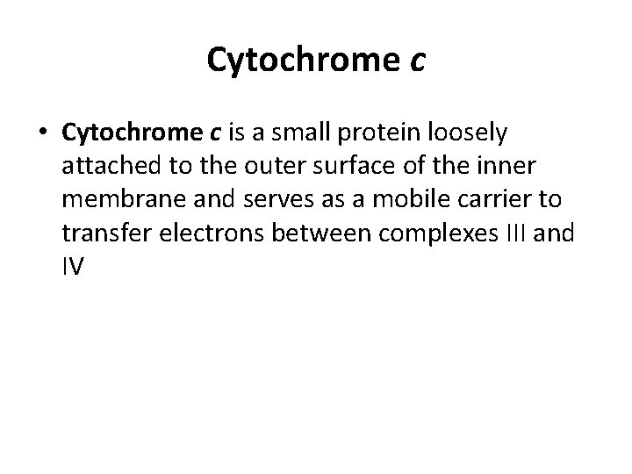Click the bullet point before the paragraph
point(43,133)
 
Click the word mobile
point(402,199)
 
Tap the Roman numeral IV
point(73,266)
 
